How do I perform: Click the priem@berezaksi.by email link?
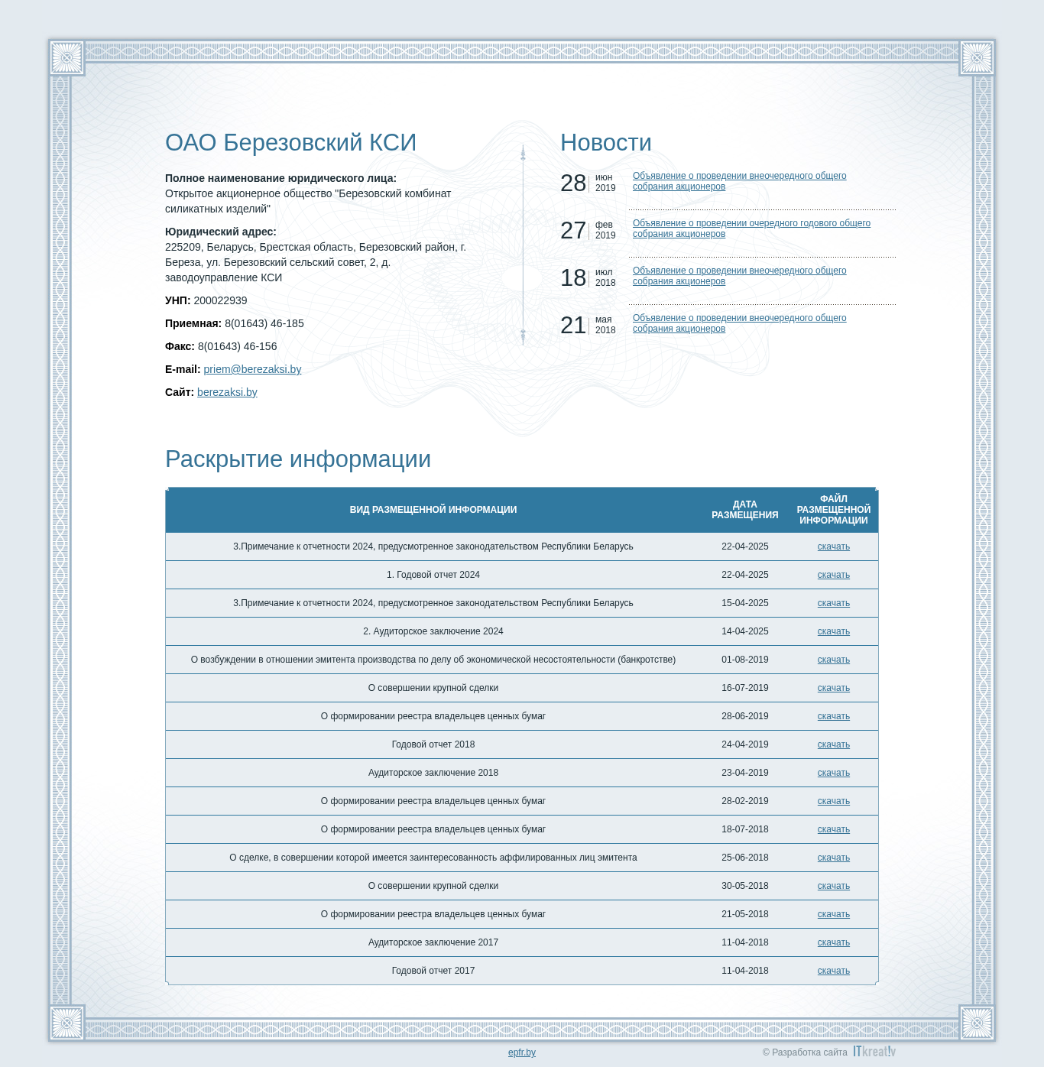click(x=252, y=369)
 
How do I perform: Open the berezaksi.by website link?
click(x=227, y=392)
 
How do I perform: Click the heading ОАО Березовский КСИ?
click(x=290, y=143)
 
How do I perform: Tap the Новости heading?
click(x=605, y=143)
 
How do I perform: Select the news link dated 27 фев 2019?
click(x=751, y=229)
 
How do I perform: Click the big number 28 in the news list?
click(x=573, y=183)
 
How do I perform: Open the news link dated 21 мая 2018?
click(x=739, y=323)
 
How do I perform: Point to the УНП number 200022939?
click(x=220, y=300)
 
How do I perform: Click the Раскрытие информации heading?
click(x=298, y=459)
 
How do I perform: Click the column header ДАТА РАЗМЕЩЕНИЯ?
click(x=744, y=510)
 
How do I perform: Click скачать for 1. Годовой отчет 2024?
click(x=833, y=575)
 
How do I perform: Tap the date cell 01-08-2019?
click(x=744, y=660)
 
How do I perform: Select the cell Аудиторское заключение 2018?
click(x=433, y=773)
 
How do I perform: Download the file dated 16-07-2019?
click(x=833, y=688)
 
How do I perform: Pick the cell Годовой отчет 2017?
click(x=433, y=971)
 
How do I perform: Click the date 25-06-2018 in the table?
click(x=744, y=858)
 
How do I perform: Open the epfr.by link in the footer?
click(x=522, y=1052)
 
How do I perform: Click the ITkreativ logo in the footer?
click(x=874, y=1052)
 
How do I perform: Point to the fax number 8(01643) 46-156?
click(x=237, y=346)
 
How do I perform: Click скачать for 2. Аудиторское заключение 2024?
click(x=833, y=631)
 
